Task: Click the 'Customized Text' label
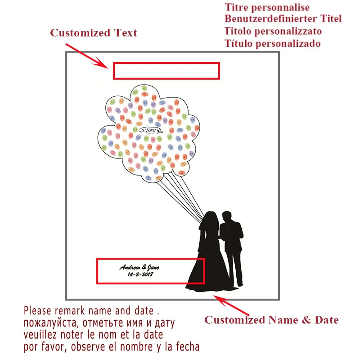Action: tap(93, 33)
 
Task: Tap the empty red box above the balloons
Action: tap(166, 71)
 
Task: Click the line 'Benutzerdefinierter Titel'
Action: tap(283, 19)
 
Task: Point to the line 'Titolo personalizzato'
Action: tap(273, 31)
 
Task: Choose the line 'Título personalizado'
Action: tap(273, 44)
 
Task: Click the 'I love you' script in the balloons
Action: tap(149, 130)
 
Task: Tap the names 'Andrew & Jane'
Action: tap(139, 267)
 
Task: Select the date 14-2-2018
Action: tap(140, 274)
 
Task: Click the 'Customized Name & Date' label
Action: tap(271, 320)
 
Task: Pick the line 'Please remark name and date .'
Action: tap(92, 310)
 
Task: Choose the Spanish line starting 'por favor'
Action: tap(111, 347)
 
